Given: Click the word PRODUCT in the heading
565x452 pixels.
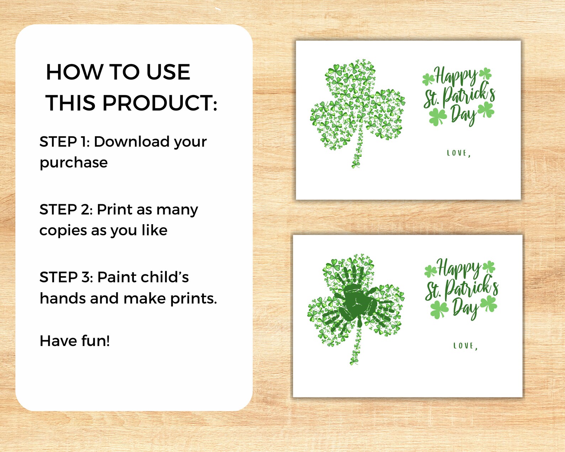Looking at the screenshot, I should coord(159,103).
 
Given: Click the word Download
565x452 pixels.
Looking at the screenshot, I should coord(131,142).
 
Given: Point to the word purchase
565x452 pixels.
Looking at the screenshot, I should coord(74,163).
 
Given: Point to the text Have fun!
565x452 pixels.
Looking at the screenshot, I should coord(75,341).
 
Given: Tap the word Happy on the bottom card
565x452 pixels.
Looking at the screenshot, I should coord(458,268).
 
